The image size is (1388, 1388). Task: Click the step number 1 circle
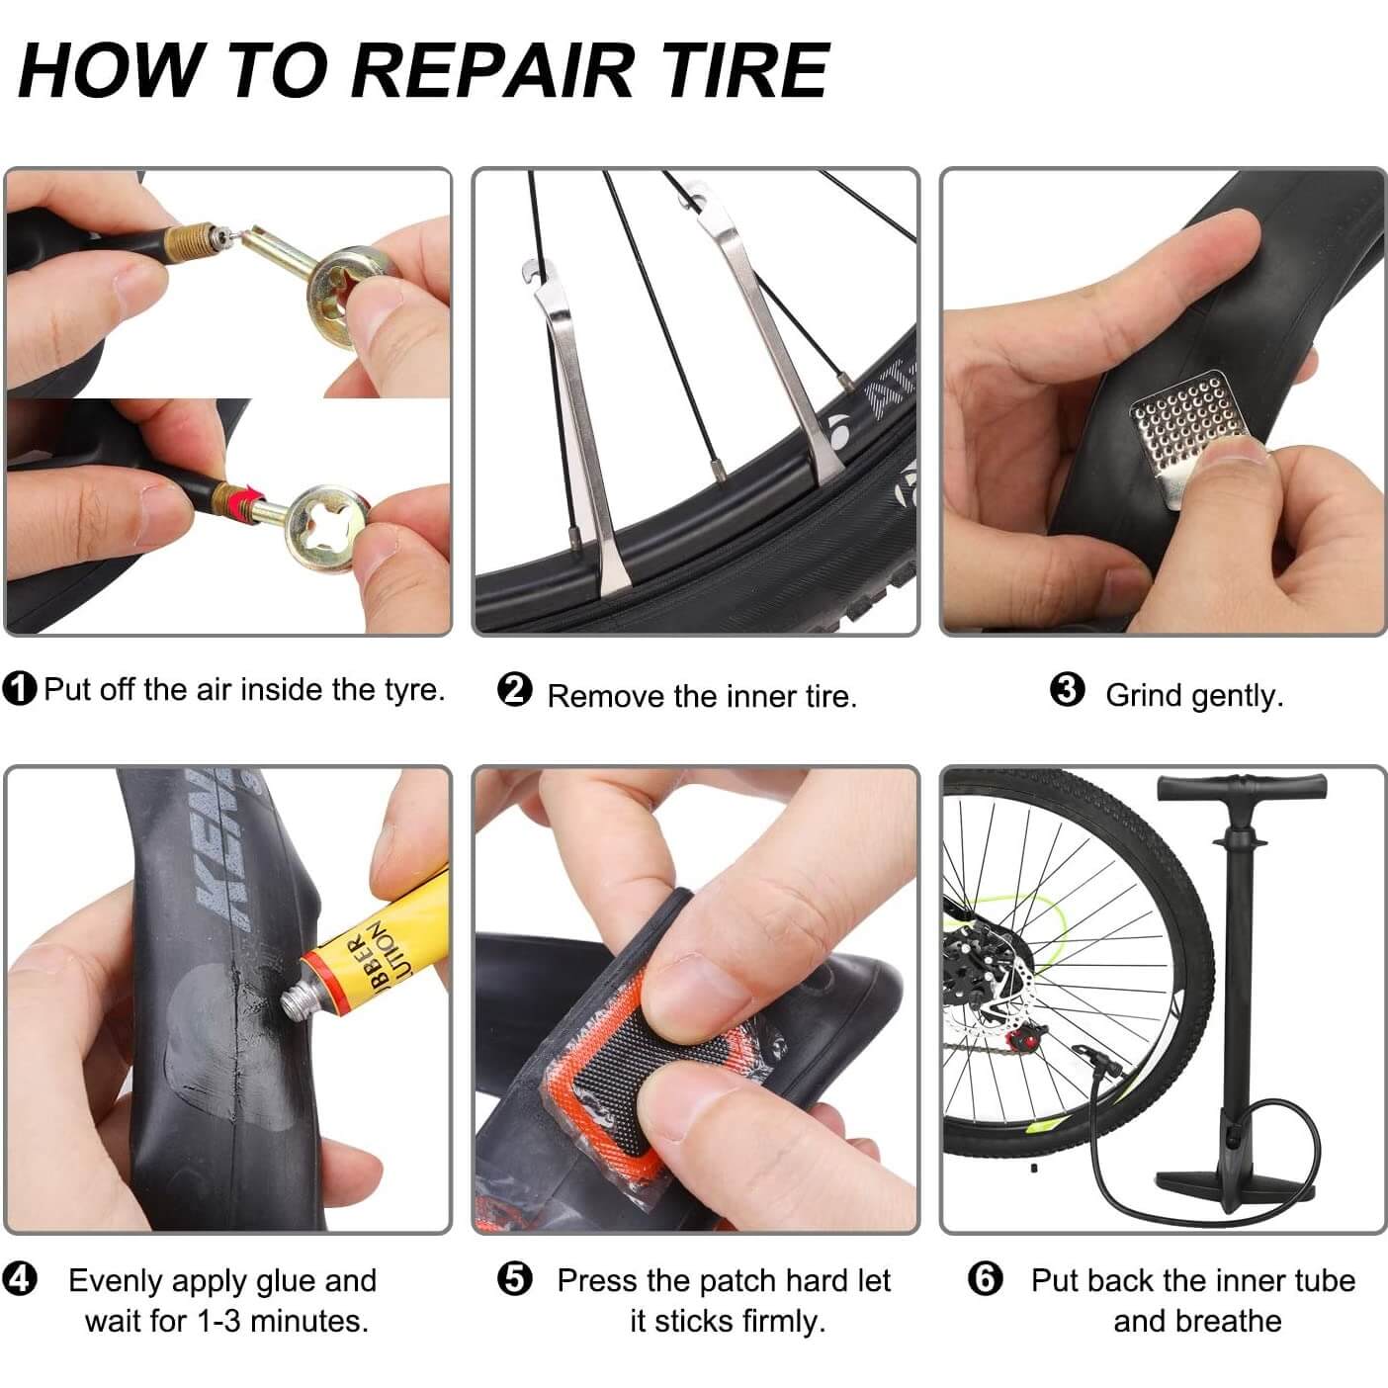(x=19, y=689)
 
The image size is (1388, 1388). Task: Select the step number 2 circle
(x=514, y=690)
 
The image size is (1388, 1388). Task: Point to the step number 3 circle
(x=1067, y=689)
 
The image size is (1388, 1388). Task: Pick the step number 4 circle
(x=20, y=1279)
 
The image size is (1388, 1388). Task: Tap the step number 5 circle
(x=514, y=1279)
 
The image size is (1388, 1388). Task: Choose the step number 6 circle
(x=985, y=1279)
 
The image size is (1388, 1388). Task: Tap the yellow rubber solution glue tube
(x=375, y=951)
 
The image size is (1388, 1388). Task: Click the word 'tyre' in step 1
(x=414, y=691)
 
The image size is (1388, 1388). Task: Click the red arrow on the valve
(x=246, y=495)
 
